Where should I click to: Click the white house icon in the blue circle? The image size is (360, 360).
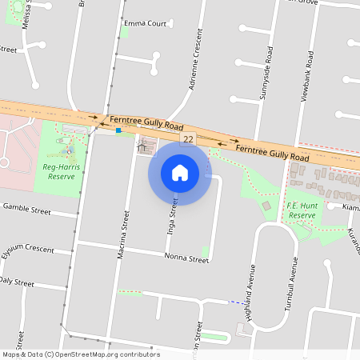[180, 172]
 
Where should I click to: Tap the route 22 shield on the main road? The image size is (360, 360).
[188, 139]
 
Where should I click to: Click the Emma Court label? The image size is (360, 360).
[145, 24]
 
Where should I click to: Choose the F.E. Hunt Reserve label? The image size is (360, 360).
[302, 210]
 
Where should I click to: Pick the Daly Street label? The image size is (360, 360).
[17, 282]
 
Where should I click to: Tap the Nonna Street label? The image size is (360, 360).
[186, 258]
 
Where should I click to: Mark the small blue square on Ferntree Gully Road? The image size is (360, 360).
[118, 130]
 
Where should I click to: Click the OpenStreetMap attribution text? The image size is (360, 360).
[80, 354]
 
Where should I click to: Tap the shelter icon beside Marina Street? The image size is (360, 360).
[144, 146]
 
